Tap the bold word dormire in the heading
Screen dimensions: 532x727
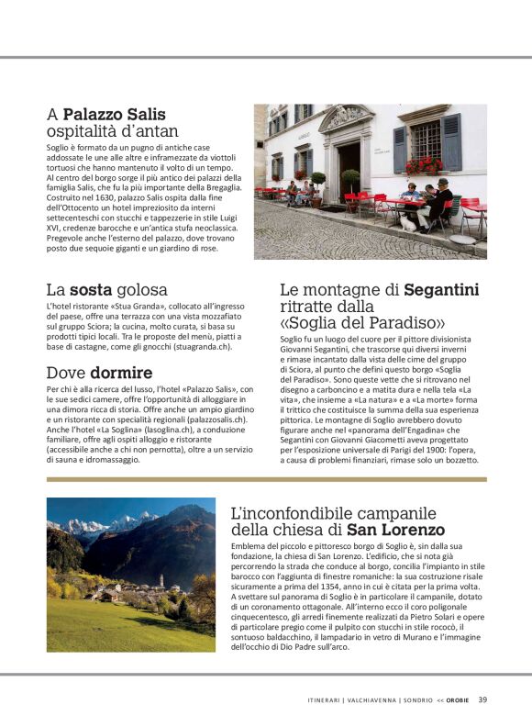click(121, 373)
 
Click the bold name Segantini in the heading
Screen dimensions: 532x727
click(441, 290)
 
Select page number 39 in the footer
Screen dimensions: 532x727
click(482, 699)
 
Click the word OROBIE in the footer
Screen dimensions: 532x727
click(458, 700)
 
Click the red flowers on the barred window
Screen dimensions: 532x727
click(424, 165)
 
